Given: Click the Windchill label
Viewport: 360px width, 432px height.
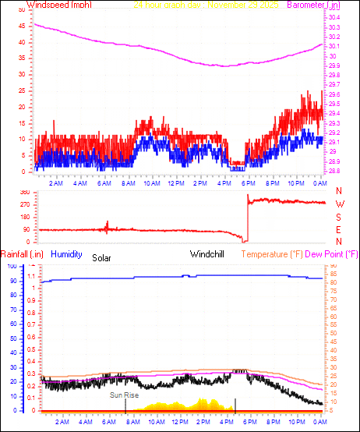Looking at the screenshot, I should coord(208,254).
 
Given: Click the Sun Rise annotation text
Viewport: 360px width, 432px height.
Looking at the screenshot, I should coord(125,395).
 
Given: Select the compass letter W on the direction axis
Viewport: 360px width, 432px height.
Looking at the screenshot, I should coord(339,204).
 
